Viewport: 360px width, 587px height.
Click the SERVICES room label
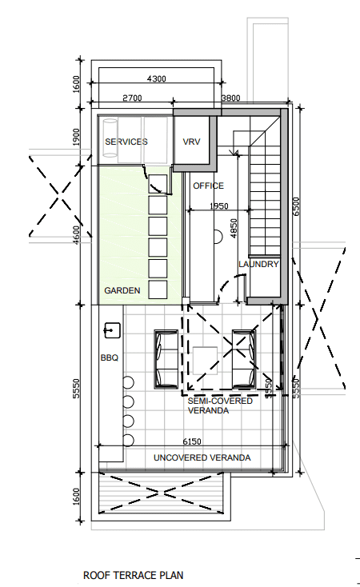(x=126, y=142)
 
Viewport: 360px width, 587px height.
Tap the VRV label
(x=191, y=142)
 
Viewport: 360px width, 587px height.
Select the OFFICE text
(x=208, y=186)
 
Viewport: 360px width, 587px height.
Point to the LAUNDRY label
(x=258, y=264)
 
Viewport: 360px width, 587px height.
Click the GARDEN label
(x=122, y=290)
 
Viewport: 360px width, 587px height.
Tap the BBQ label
(x=110, y=357)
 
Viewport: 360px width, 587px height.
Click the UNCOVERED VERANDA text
(x=202, y=457)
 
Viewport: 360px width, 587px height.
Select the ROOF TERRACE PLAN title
(x=134, y=575)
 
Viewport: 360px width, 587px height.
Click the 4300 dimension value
(x=157, y=78)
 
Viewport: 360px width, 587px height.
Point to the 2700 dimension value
(x=132, y=98)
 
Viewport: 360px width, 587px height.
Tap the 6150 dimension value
(x=192, y=441)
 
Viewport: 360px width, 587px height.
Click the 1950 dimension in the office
(x=218, y=206)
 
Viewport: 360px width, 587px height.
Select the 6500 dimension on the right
(x=296, y=206)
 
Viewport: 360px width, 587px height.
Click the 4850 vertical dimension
(x=234, y=229)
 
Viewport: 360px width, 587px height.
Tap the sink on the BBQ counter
(x=112, y=330)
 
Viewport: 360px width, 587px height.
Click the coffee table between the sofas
(x=205, y=361)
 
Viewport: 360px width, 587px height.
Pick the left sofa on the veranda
(x=166, y=359)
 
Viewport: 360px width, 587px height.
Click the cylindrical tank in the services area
(x=110, y=138)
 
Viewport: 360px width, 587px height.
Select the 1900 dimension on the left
(x=76, y=137)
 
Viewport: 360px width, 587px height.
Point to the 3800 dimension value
(x=230, y=98)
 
